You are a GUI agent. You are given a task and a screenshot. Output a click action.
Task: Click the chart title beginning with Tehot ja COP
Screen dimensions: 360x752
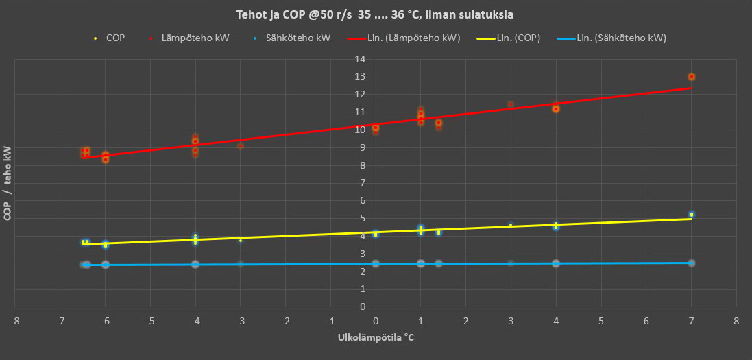pos(376,15)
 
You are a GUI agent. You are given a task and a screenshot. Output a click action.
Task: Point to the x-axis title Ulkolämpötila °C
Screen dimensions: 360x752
pos(376,338)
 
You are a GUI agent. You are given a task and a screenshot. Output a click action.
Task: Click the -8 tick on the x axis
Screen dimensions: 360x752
pos(15,320)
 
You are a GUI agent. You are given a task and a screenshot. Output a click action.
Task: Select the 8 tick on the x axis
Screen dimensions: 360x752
pos(736,320)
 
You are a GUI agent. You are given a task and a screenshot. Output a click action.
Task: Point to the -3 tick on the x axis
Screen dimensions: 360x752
pos(240,320)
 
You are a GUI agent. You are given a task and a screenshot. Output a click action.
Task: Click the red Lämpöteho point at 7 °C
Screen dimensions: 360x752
pos(692,77)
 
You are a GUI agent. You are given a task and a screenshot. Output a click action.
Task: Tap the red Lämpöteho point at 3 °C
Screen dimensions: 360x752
pos(511,104)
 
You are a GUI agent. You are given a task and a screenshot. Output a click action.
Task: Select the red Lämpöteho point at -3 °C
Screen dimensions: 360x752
pos(241,145)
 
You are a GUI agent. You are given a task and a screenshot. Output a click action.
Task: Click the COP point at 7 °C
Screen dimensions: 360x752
pos(692,215)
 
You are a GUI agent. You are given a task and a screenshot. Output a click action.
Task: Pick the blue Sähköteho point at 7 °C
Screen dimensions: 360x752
pos(692,263)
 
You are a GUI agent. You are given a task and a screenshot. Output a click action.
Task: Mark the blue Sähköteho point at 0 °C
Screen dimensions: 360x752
pos(376,263)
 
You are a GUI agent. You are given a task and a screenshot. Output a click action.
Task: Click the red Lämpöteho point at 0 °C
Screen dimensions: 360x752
pos(376,128)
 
